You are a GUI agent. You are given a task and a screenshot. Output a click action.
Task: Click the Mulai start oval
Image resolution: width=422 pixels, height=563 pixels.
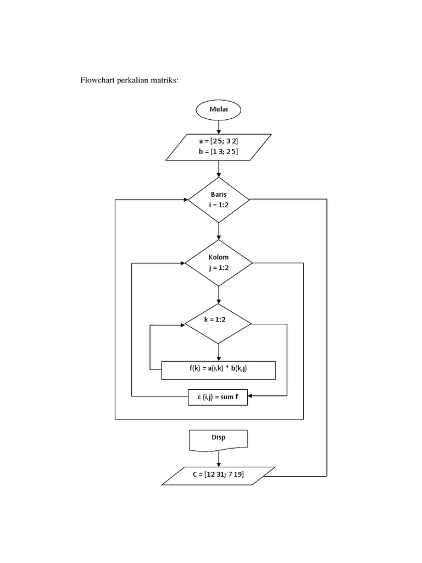click(218, 109)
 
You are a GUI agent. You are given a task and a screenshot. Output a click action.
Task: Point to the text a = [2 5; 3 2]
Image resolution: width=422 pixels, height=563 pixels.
click(218, 141)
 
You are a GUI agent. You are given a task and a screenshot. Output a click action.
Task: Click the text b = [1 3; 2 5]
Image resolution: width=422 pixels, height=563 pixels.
click(218, 151)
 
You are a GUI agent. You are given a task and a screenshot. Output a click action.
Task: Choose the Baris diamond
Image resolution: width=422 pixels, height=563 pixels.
click(219, 200)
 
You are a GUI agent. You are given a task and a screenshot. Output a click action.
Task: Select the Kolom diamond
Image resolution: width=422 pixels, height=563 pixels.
click(219, 263)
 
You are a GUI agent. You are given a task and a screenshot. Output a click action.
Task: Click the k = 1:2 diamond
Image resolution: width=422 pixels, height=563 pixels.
click(219, 324)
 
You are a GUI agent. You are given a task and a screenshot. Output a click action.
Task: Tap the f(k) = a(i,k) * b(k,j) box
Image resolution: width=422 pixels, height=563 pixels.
click(218, 370)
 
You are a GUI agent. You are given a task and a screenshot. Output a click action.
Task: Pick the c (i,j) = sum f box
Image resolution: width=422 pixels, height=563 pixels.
click(218, 396)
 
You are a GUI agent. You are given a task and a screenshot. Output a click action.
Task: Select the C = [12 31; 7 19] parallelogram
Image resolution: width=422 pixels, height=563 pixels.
click(219, 474)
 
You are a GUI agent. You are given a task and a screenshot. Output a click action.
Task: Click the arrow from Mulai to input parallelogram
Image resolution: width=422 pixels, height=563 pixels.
click(219, 126)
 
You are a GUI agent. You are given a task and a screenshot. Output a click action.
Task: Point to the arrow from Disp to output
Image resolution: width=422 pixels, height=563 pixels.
click(219, 457)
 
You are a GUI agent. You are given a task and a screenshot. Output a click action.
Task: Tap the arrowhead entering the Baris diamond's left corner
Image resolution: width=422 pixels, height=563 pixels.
click(185, 200)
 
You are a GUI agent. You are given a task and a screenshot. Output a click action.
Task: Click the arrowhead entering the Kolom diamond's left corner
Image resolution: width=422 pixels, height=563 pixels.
click(182, 263)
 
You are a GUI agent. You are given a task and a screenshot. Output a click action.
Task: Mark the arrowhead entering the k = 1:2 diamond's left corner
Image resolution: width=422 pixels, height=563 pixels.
click(182, 324)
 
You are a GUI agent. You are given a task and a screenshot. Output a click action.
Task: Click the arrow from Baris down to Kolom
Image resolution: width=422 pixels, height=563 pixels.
click(219, 230)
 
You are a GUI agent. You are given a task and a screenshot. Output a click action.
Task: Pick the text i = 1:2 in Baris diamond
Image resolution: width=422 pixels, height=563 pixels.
click(219, 205)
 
